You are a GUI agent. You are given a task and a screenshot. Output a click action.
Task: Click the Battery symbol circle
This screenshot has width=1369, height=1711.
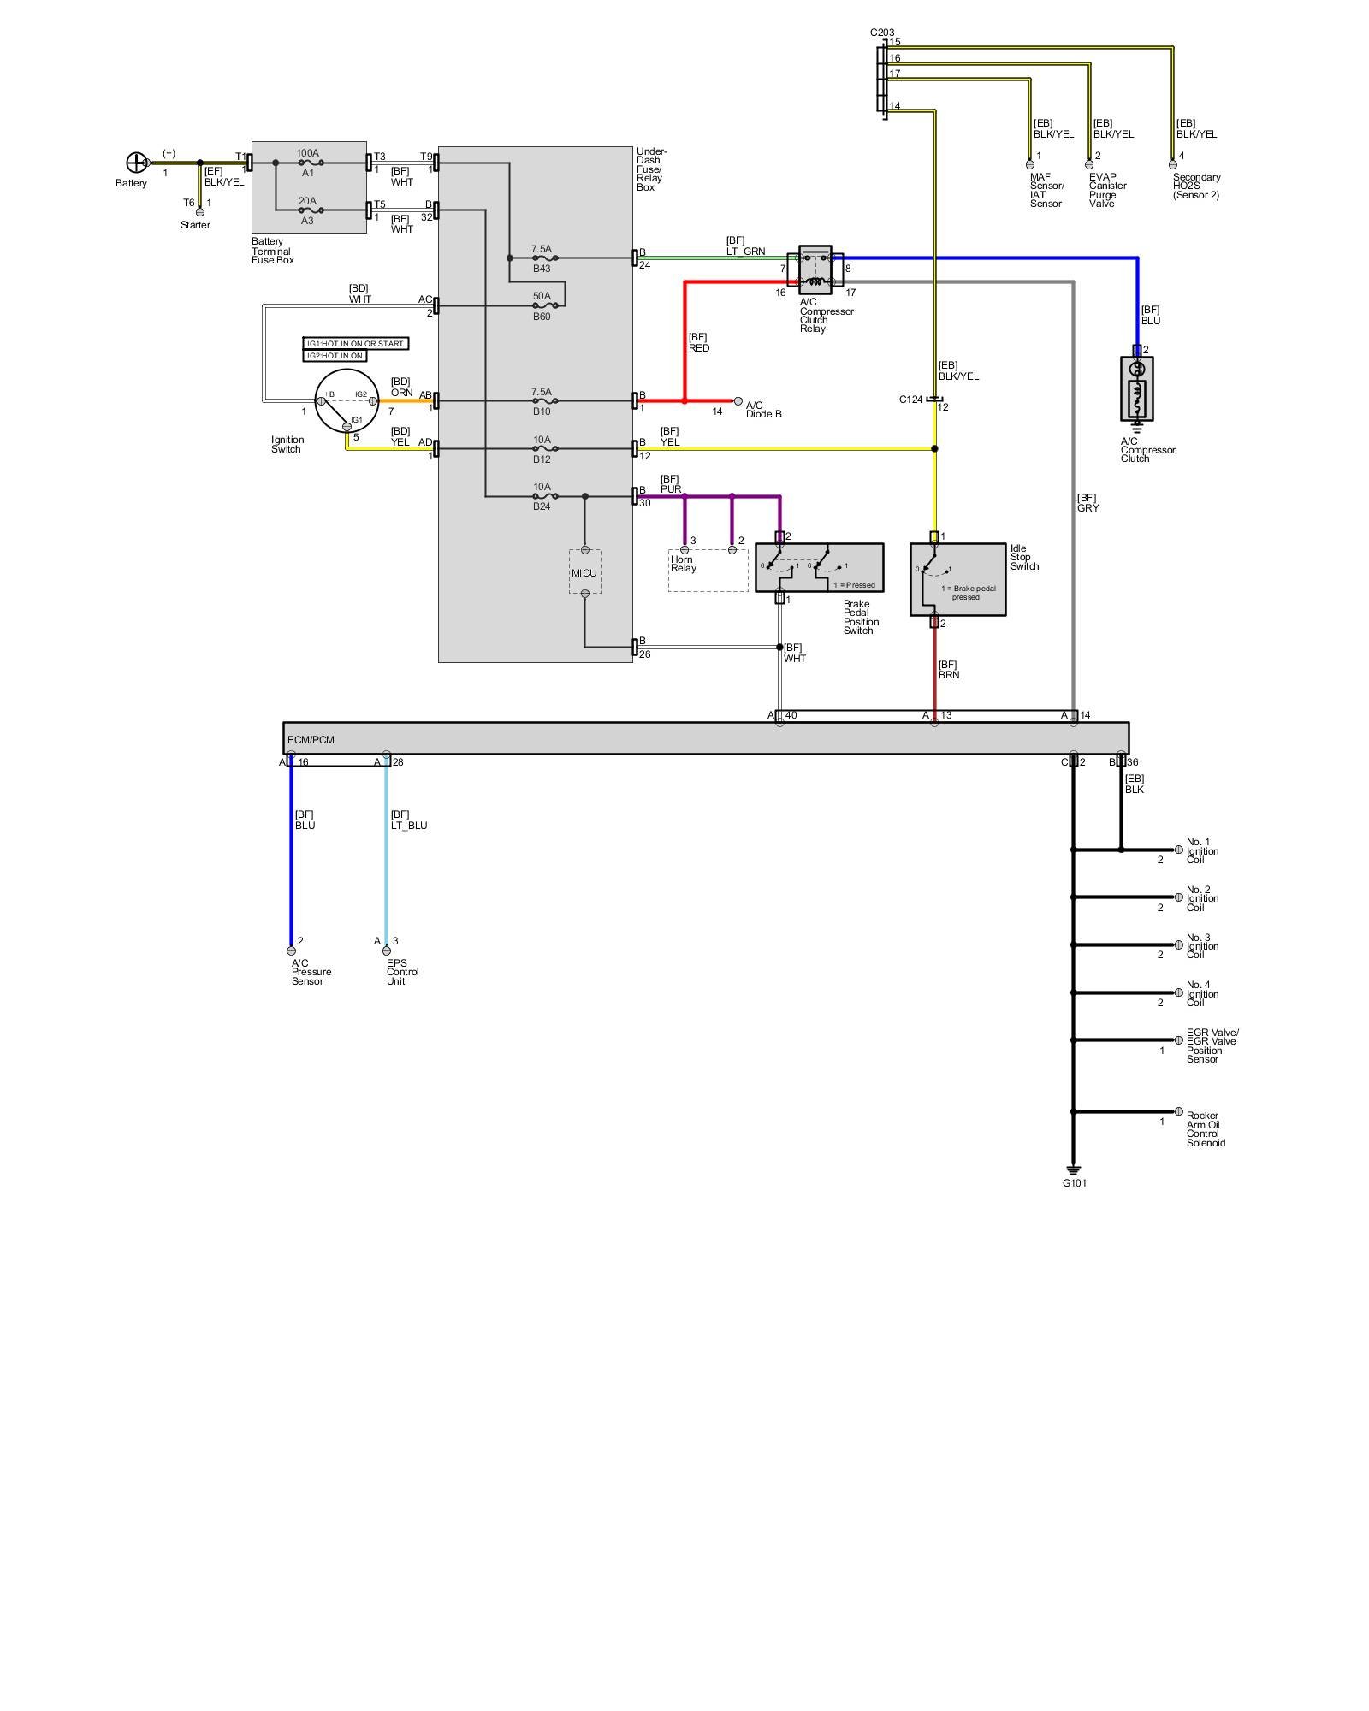pyautogui.click(x=136, y=163)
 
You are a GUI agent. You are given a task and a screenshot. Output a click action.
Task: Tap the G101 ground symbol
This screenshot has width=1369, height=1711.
pyautogui.click(x=1074, y=1170)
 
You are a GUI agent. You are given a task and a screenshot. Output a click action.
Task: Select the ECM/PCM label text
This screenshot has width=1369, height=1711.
pyautogui.click(x=311, y=739)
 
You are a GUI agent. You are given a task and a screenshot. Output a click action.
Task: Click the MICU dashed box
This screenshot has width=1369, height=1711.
pyautogui.click(x=585, y=572)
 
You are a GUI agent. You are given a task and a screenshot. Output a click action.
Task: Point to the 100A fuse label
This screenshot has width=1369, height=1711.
pyautogui.click(x=308, y=153)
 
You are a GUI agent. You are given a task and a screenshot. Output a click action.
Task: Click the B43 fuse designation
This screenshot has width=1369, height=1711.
pyautogui.click(x=542, y=269)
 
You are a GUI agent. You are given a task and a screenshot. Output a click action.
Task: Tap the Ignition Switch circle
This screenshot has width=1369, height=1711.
pyautogui.click(x=346, y=401)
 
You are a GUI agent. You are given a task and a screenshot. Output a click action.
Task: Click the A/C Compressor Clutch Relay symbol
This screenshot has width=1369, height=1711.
pyautogui.click(x=815, y=269)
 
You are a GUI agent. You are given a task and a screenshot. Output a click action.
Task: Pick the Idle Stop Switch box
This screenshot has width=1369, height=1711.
pyautogui.click(x=957, y=579)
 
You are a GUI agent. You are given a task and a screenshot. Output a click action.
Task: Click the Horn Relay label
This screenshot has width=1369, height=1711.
pyautogui.click(x=683, y=564)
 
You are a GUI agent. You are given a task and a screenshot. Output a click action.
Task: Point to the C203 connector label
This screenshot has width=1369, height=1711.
pyautogui.click(x=882, y=33)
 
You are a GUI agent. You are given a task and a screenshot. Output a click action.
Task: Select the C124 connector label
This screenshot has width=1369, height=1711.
pyautogui.click(x=910, y=400)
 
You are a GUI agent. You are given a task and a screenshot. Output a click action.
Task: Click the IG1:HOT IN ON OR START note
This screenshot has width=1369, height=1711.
pyautogui.click(x=355, y=344)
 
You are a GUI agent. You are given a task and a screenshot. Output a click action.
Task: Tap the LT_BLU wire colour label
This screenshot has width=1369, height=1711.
pyautogui.click(x=409, y=826)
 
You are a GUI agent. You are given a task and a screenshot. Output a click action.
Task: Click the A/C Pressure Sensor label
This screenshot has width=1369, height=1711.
pyautogui.click(x=311, y=972)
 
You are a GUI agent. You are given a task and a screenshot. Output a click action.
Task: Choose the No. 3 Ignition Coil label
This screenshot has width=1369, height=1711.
pyautogui.click(x=1202, y=946)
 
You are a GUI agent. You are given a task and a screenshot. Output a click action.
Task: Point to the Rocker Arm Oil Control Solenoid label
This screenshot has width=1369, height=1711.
pyautogui.click(x=1206, y=1129)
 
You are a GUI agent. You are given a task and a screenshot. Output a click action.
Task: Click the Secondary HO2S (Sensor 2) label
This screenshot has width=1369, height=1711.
pyautogui.click(x=1196, y=186)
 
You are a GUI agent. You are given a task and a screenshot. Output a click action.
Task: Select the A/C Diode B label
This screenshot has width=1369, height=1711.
pyautogui.click(x=763, y=410)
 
